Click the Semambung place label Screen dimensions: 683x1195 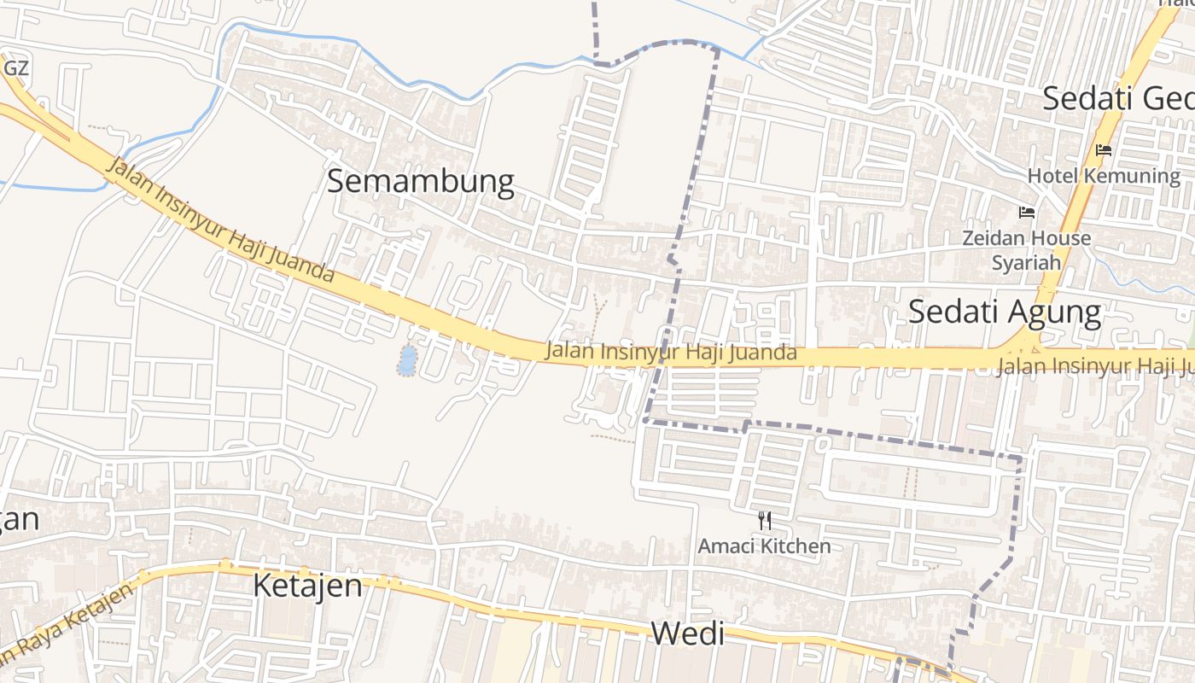(421, 181)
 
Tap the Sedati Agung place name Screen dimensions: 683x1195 (1004, 312)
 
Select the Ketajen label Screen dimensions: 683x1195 (307, 587)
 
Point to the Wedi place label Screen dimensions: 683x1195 (687, 633)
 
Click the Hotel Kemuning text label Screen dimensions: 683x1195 (1103, 176)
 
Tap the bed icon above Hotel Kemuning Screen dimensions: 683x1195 (1103, 150)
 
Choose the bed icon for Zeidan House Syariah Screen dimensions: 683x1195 (1026, 212)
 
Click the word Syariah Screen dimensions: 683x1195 (1026, 262)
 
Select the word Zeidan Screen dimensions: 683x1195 (992, 238)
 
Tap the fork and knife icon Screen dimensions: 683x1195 (765, 520)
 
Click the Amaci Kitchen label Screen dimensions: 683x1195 (764, 546)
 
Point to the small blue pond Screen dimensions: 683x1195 (407, 359)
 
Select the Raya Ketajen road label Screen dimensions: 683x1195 (64, 623)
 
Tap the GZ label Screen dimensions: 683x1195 (16, 67)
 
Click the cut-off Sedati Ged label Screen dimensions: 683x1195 (1118, 98)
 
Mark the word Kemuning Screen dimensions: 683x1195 (1132, 176)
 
